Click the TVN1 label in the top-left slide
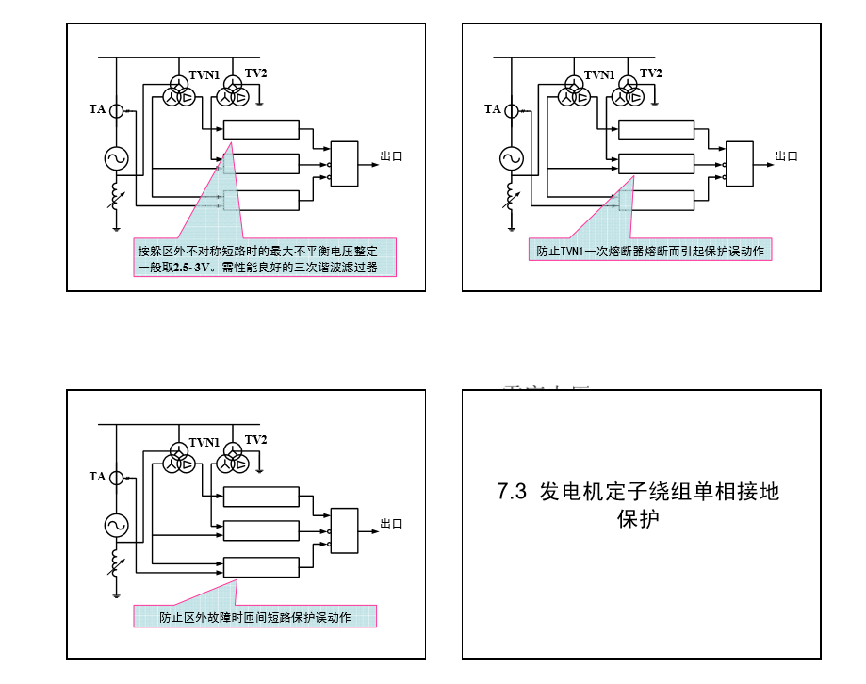click(x=204, y=75)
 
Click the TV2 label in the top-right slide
click(x=256, y=73)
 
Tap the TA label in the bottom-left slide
click(x=97, y=477)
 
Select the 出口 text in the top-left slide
click(x=391, y=156)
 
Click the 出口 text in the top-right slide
click(x=787, y=156)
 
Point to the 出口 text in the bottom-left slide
click(x=391, y=524)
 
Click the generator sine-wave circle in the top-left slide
click(x=116, y=157)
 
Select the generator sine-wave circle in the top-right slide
click(x=512, y=157)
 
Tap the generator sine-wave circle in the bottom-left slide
click(x=116, y=525)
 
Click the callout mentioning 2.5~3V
click(x=265, y=258)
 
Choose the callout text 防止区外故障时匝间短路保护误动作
click(x=254, y=617)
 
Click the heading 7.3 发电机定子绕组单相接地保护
click(x=639, y=504)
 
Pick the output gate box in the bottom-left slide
click(x=345, y=531)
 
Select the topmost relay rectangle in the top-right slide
click(x=657, y=130)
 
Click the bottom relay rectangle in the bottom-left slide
click(x=261, y=566)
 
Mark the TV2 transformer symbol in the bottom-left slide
click(x=230, y=462)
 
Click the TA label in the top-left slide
click(x=97, y=109)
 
